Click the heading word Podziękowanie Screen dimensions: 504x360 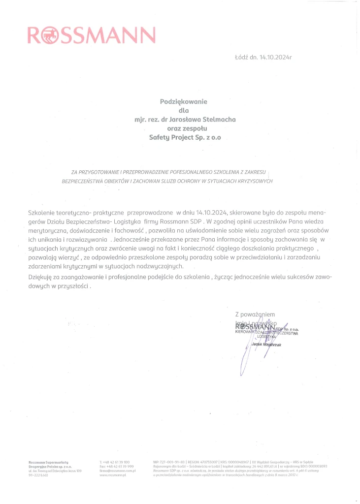pyautogui.click(x=184, y=101)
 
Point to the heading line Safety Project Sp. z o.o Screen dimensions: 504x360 pyautogui.click(x=185, y=138)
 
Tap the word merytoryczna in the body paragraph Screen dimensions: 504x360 pyautogui.click(x=47, y=230)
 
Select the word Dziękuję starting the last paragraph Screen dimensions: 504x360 pyautogui.click(x=42, y=278)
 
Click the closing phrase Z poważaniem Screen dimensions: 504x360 pyautogui.click(x=255, y=314)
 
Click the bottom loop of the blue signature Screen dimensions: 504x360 pyautogui.click(x=241, y=369)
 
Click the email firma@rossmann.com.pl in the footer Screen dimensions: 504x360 pyautogui.click(x=117, y=471)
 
